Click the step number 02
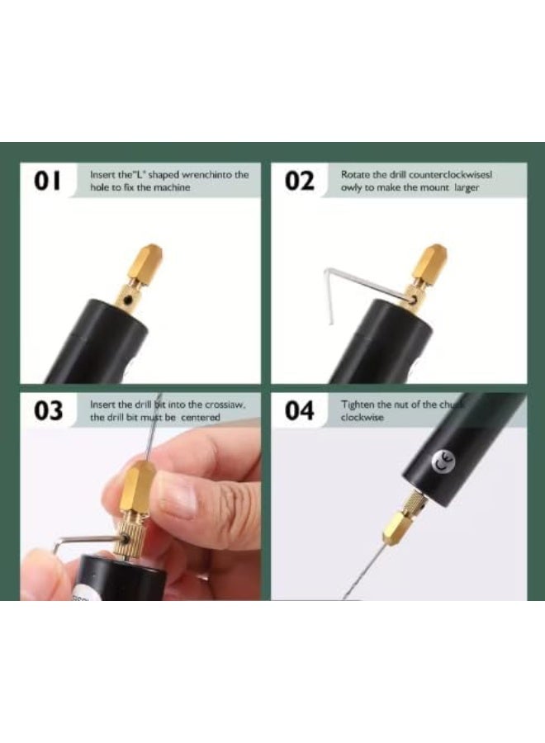point(301,181)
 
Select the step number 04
point(301,411)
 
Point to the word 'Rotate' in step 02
point(355,175)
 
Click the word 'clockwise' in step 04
point(363,418)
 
